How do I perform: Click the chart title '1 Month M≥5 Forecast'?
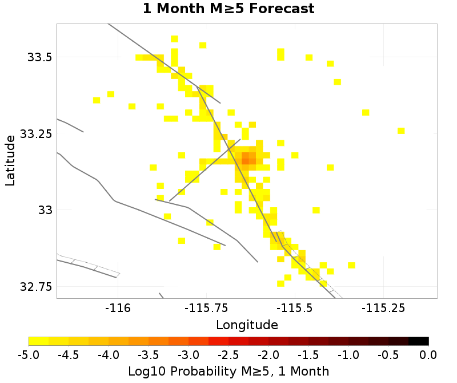click(228, 9)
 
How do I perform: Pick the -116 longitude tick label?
click(118, 308)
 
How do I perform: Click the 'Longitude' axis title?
click(247, 325)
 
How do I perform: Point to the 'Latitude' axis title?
click(10, 160)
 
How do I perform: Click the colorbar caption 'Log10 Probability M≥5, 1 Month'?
click(228, 371)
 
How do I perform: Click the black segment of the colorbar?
click(419, 341)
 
